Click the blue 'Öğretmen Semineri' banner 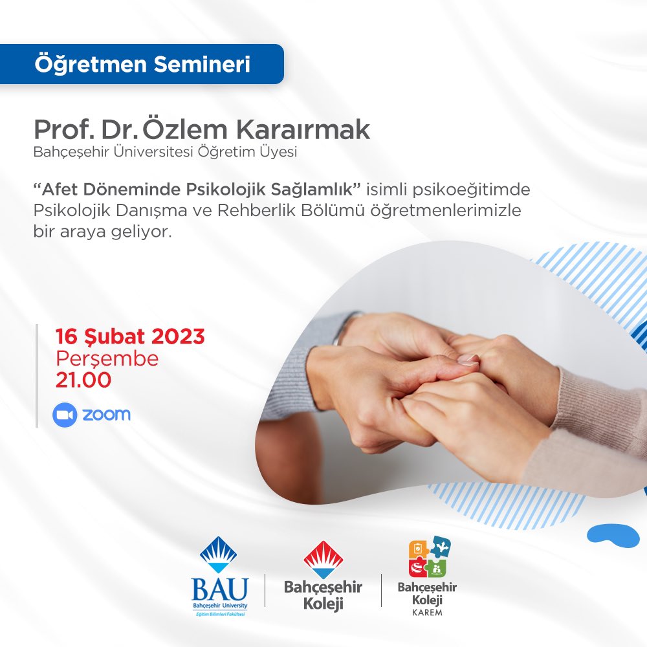click(142, 64)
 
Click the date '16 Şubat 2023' click(129, 336)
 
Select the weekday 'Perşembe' click(107, 358)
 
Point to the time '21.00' click(83, 380)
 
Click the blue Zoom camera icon click(65, 414)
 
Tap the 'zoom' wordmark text click(106, 414)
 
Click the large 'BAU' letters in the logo click(219, 589)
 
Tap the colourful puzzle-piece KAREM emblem click(429, 556)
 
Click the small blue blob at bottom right click(613, 534)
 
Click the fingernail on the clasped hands click(468, 359)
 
